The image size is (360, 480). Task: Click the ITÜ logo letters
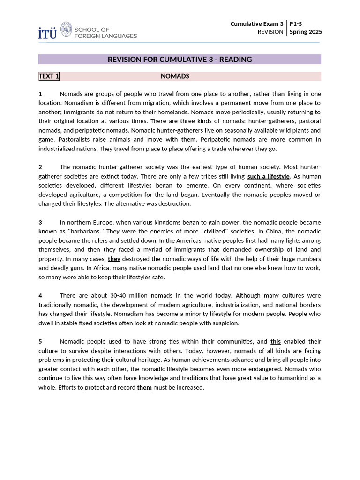47,33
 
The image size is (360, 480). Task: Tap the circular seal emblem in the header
67,29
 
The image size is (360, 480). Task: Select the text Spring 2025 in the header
306,32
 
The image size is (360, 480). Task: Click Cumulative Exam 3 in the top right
257,23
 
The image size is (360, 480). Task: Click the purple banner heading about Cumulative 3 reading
180,60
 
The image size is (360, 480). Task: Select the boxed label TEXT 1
49,76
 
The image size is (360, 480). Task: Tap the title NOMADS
175,76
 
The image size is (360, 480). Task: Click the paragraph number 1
40,94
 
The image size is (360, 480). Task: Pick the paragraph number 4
40,295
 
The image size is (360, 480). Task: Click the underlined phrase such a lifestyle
269,176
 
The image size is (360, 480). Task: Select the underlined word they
114,259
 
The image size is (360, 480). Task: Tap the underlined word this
276,341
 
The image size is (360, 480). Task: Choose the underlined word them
144,387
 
